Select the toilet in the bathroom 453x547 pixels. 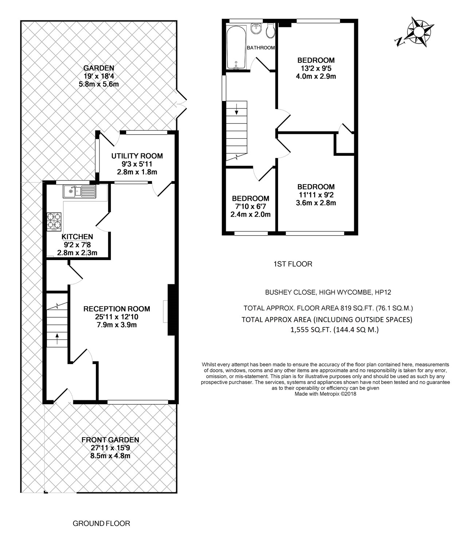point(270,30)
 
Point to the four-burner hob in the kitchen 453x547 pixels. point(54,222)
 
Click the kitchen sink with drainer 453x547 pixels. point(79,191)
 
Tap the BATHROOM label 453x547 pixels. point(261,48)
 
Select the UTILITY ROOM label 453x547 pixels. point(137,156)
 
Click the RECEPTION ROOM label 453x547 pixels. point(117,309)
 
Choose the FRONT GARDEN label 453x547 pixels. point(110,440)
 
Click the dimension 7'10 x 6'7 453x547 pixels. point(251,206)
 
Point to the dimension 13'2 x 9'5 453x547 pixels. point(316,69)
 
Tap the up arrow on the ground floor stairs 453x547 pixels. point(57,339)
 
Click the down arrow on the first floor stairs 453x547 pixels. point(237,109)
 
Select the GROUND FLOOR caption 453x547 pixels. point(101,523)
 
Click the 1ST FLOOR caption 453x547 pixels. point(293,264)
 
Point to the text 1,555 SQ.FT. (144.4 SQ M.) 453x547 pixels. point(335,330)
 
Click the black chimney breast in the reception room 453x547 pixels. point(171,310)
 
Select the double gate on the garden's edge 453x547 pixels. point(181,104)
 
